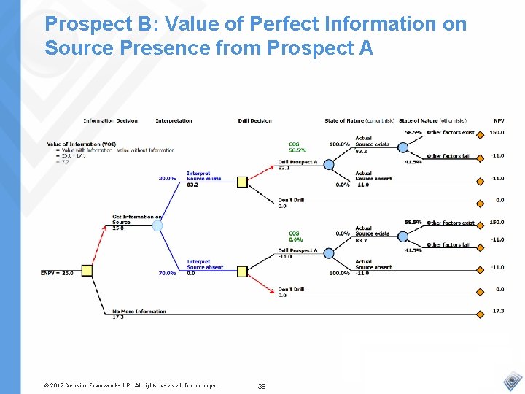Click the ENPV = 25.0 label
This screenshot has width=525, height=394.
coord(57,273)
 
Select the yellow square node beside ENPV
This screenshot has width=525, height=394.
coord(87,271)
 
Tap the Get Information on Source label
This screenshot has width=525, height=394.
coord(136,220)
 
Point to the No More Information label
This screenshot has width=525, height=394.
coord(139,312)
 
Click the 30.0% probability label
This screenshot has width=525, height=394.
coord(168,178)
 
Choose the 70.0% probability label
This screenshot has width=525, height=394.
coord(168,273)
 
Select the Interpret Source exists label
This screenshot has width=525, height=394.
coord(203,176)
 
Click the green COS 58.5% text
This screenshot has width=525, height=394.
coord(297,147)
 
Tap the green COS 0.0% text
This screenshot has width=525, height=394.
coord(295,236)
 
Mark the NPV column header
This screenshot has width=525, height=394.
coord(499,120)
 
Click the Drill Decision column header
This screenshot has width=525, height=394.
coord(254,120)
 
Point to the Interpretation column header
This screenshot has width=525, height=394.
coord(174,120)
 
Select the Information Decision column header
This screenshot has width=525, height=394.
coord(110,120)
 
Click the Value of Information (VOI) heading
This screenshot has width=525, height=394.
coord(81,144)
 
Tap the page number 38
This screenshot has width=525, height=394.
coord(261,385)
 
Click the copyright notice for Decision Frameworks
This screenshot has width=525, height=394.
coord(131,385)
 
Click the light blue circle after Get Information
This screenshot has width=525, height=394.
coord(157,225)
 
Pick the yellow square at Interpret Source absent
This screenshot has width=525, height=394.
coord(242,271)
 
